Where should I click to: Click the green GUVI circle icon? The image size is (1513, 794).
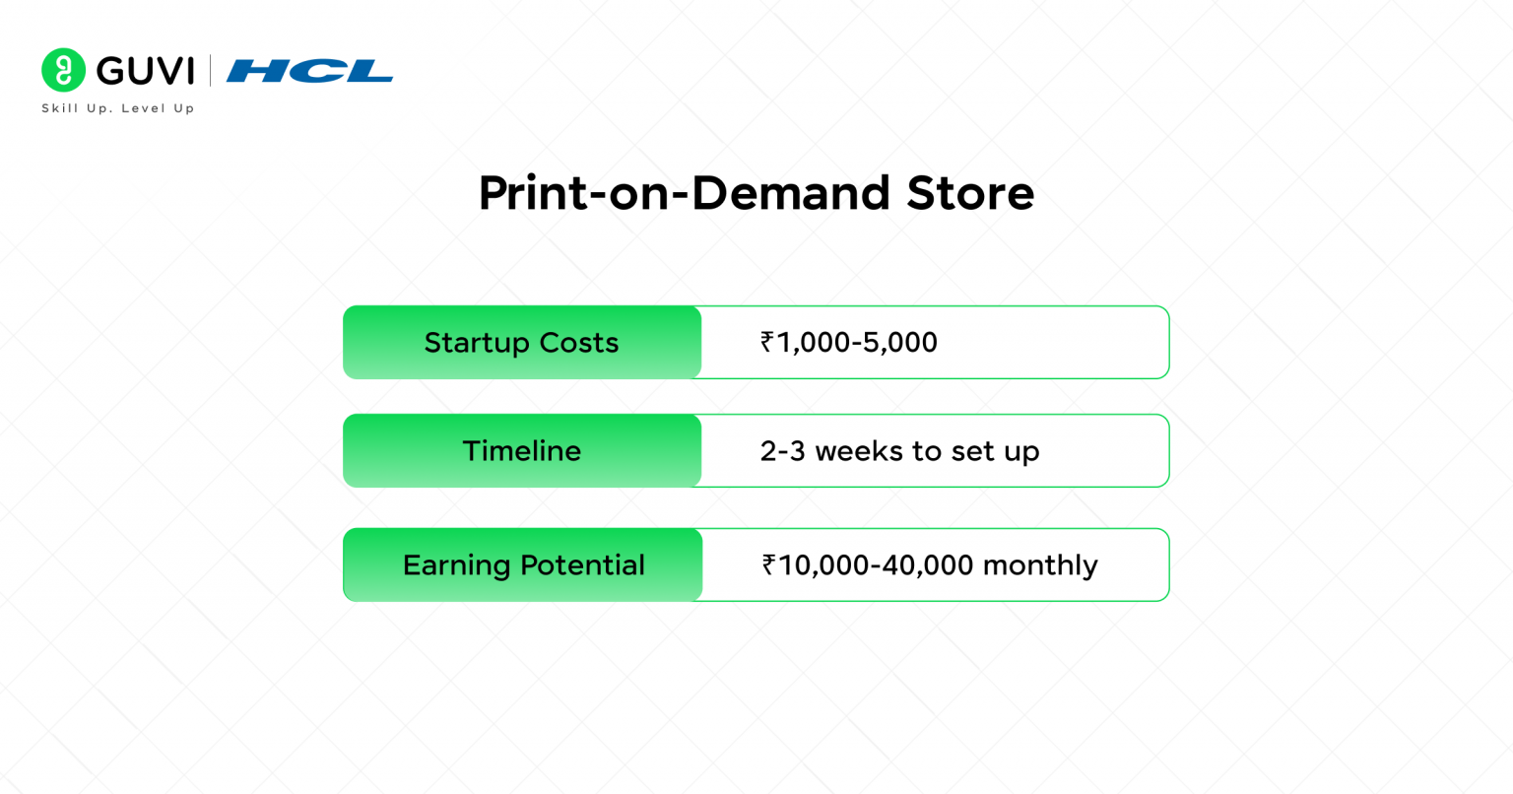(63, 70)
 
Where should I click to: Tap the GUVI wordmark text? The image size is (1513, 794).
(145, 71)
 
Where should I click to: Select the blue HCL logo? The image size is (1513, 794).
(309, 71)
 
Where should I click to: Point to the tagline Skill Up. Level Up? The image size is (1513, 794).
(118, 108)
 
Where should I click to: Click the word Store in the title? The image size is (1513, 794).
(970, 193)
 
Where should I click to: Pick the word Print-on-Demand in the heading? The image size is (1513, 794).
(685, 193)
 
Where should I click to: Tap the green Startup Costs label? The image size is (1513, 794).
(522, 343)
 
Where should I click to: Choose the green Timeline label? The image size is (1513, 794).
(522, 451)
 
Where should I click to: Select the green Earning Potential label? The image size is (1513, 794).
(523, 564)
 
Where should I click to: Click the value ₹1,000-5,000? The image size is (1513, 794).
(849, 343)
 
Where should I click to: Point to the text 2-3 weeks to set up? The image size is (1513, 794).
(899, 451)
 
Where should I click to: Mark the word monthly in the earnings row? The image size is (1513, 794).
(1040, 565)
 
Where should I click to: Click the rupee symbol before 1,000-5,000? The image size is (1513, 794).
(767, 342)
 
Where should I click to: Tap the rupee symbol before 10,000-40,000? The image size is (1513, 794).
(768, 564)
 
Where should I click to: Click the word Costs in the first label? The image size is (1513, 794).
(579, 343)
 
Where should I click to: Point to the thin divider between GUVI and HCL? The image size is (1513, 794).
(210, 70)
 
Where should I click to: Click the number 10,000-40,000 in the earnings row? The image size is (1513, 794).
(876, 564)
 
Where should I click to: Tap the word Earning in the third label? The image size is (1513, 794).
(457, 565)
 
